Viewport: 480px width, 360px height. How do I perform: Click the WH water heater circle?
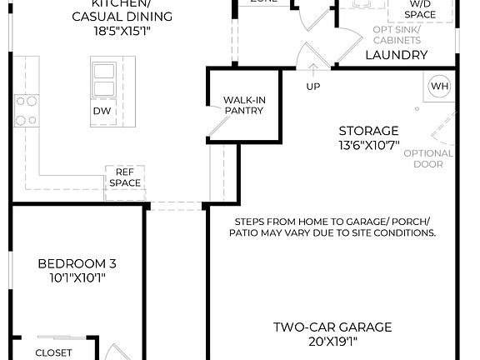(x=439, y=86)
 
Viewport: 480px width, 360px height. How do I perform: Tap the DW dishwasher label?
(x=102, y=110)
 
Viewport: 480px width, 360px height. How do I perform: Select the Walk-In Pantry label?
(x=243, y=105)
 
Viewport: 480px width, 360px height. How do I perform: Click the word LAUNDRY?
(x=397, y=56)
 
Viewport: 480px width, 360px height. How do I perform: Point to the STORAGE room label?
(x=368, y=131)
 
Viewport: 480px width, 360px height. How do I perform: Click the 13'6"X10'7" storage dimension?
(x=368, y=145)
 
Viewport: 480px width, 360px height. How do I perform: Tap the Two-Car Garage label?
(x=332, y=327)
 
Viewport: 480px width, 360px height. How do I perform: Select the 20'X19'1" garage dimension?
(x=332, y=341)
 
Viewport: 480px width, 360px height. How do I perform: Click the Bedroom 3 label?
(x=77, y=264)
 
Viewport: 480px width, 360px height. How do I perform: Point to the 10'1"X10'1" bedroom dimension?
(x=77, y=278)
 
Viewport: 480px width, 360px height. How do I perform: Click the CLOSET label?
(x=53, y=352)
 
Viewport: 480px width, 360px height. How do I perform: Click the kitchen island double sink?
(x=106, y=80)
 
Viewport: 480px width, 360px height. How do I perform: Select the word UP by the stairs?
(x=313, y=86)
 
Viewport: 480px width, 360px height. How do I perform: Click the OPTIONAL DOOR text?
(x=434, y=158)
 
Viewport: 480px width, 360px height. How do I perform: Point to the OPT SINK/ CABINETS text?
(x=397, y=34)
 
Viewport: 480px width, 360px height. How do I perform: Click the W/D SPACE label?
(x=420, y=10)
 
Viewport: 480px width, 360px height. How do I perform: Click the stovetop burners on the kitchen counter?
(x=26, y=111)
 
